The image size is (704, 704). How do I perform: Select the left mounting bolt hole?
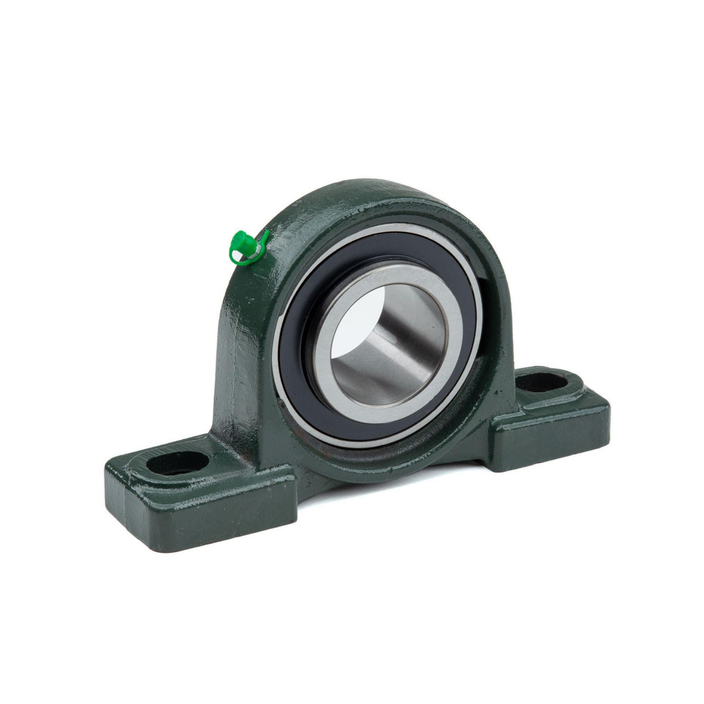pyautogui.click(x=177, y=465)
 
